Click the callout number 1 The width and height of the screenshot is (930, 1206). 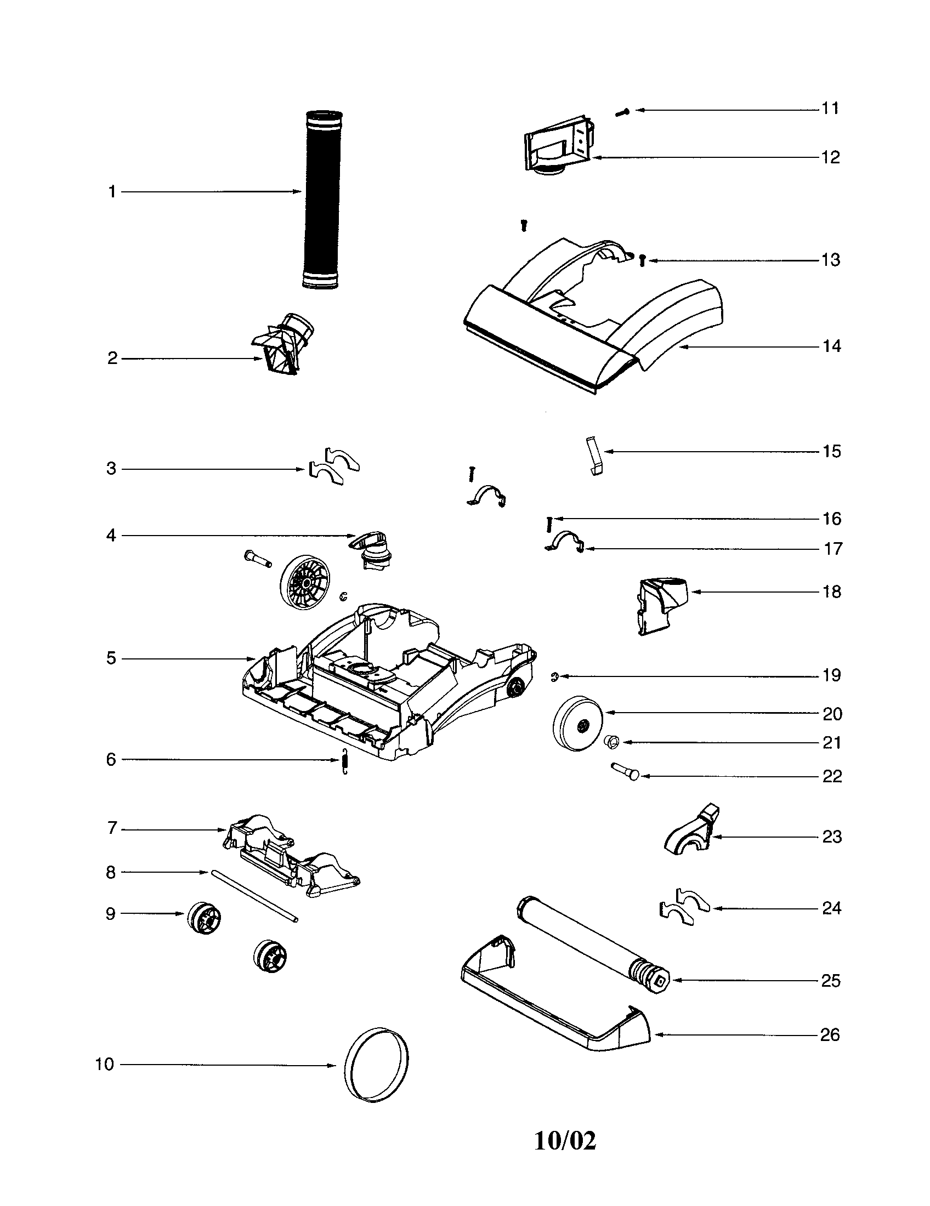[x=112, y=192]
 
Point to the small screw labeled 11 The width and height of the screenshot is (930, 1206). [x=622, y=112]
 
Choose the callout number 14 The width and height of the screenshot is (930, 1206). [x=831, y=347]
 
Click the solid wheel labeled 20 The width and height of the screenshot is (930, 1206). [x=577, y=723]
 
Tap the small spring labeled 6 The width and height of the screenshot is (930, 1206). [x=344, y=761]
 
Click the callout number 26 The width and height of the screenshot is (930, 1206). [x=830, y=1034]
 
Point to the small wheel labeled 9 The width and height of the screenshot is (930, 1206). [x=204, y=918]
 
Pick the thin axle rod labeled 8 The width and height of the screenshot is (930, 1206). [x=254, y=896]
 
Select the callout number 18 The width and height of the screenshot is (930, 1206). [x=831, y=592]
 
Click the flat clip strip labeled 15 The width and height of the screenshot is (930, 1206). [x=594, y=456]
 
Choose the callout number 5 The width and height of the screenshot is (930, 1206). [x=111, y=658]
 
